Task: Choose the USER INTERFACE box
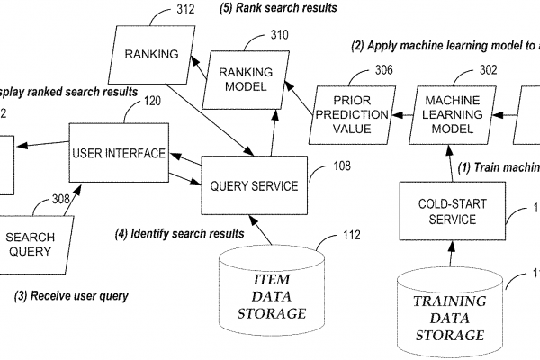118,153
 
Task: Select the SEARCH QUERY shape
37,244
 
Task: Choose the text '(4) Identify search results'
181,234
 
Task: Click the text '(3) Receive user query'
72,295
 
